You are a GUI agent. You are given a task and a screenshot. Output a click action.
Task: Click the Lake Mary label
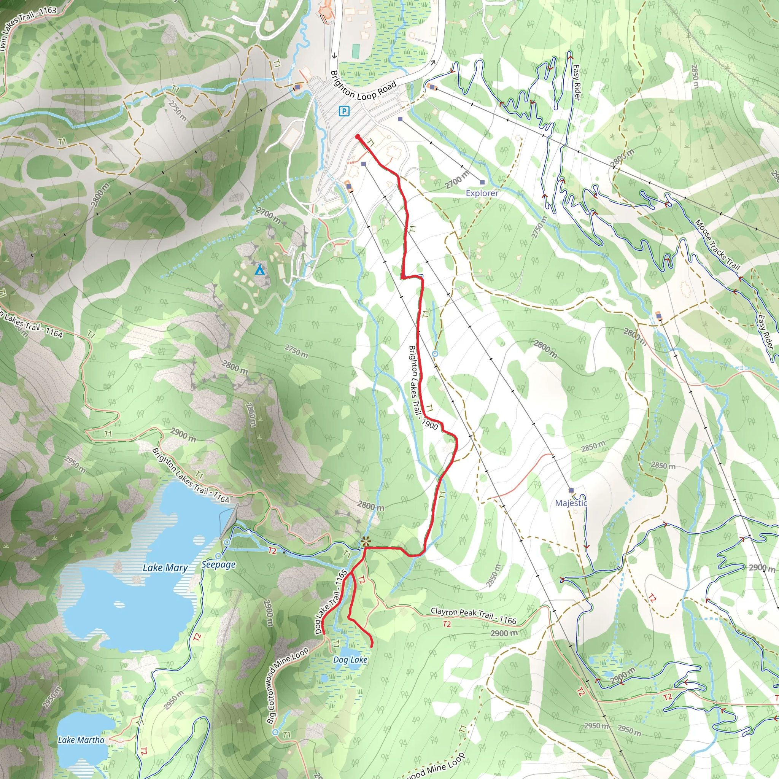tap(165, 568)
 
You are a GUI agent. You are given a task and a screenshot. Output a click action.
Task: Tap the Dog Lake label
tap(350, 660)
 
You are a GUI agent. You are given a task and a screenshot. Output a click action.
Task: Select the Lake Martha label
tap(81, 740)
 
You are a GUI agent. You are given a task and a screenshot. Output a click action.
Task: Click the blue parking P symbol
tap(344, 111)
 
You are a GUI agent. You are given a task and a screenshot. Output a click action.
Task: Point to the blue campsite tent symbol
tap(260, 270)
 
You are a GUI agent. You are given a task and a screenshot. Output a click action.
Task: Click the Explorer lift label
tap(482, 193)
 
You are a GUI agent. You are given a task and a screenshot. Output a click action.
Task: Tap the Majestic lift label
tap(571, 503)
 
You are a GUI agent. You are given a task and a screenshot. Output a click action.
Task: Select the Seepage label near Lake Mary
tap(219, 564)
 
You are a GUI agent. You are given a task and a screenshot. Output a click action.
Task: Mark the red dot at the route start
tap(358, 137)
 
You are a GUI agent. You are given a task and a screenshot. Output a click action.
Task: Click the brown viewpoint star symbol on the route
tap(365, 542)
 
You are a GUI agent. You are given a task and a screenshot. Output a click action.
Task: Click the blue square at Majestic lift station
tap(571, 490)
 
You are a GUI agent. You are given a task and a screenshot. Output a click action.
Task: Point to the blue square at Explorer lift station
tap(482, 182)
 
